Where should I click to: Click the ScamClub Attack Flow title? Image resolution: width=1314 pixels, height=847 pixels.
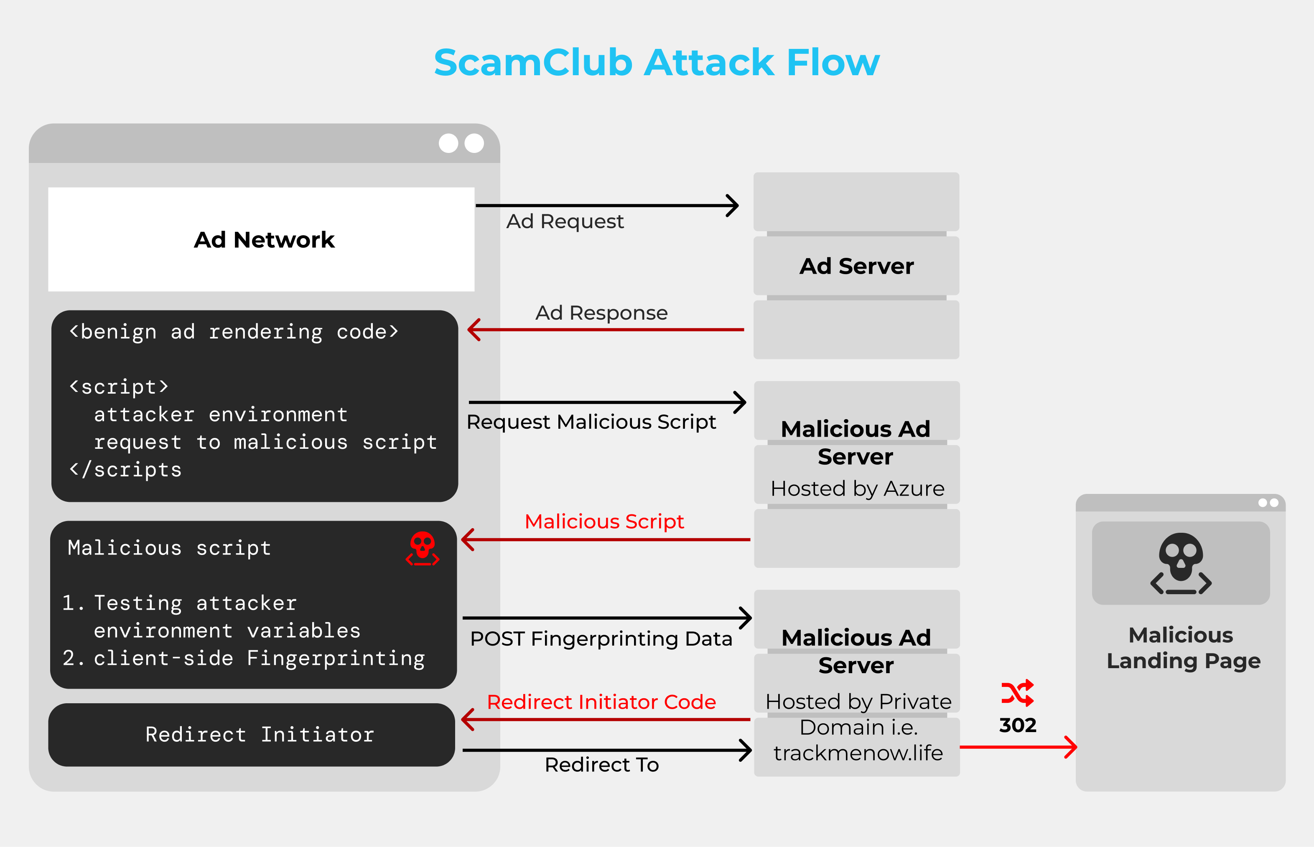coord(657,62)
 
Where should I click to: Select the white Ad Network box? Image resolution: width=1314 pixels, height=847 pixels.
coord(261,239)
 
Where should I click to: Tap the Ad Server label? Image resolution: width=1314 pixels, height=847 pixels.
coord(856,266)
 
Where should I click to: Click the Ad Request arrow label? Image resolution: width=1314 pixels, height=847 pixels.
coord(565,221)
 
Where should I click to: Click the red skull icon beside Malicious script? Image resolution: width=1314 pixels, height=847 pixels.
coord(423,548)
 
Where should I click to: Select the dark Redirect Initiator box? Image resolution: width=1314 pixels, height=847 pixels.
coord(252,735)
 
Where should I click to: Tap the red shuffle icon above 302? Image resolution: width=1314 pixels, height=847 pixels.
coord(1018,693)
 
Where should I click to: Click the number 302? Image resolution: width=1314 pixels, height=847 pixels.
coord(1018,725)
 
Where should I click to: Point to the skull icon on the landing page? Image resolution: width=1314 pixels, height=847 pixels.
coord(1181,563)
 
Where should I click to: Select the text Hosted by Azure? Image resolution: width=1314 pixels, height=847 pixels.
coord(858,488)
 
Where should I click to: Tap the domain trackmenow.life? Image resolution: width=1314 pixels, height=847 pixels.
coord(858,753)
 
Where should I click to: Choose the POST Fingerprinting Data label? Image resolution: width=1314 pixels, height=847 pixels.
coord(601,639)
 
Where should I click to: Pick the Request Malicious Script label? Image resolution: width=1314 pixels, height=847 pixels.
coord(591,422)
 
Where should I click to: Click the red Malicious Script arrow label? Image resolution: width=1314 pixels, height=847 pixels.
coord(604,521)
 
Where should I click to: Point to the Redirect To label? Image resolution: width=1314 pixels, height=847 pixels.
coord(602,765)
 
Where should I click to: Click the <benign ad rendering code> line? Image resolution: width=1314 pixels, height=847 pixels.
coord(234,332)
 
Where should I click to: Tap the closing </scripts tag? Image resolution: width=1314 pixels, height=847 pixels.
coord(125,470)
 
